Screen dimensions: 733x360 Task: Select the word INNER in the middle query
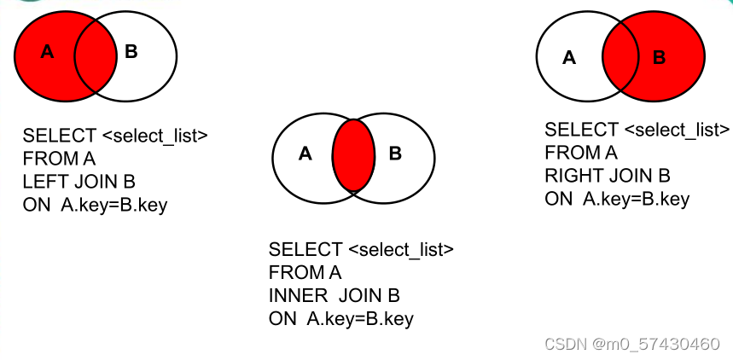tap(298, 296)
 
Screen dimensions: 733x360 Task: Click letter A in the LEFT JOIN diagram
tap(48, 52)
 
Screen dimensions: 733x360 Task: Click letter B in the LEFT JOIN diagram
tap(131, 52)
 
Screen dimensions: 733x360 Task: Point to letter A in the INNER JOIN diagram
tap(305, 154)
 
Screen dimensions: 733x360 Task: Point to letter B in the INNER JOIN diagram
tap(395, 154)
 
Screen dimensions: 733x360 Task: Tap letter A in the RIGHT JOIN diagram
tap(569, 58)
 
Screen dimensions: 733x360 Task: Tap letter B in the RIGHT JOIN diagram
tap(659, 58)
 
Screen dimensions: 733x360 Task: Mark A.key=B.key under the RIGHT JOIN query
tap(636, 200)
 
